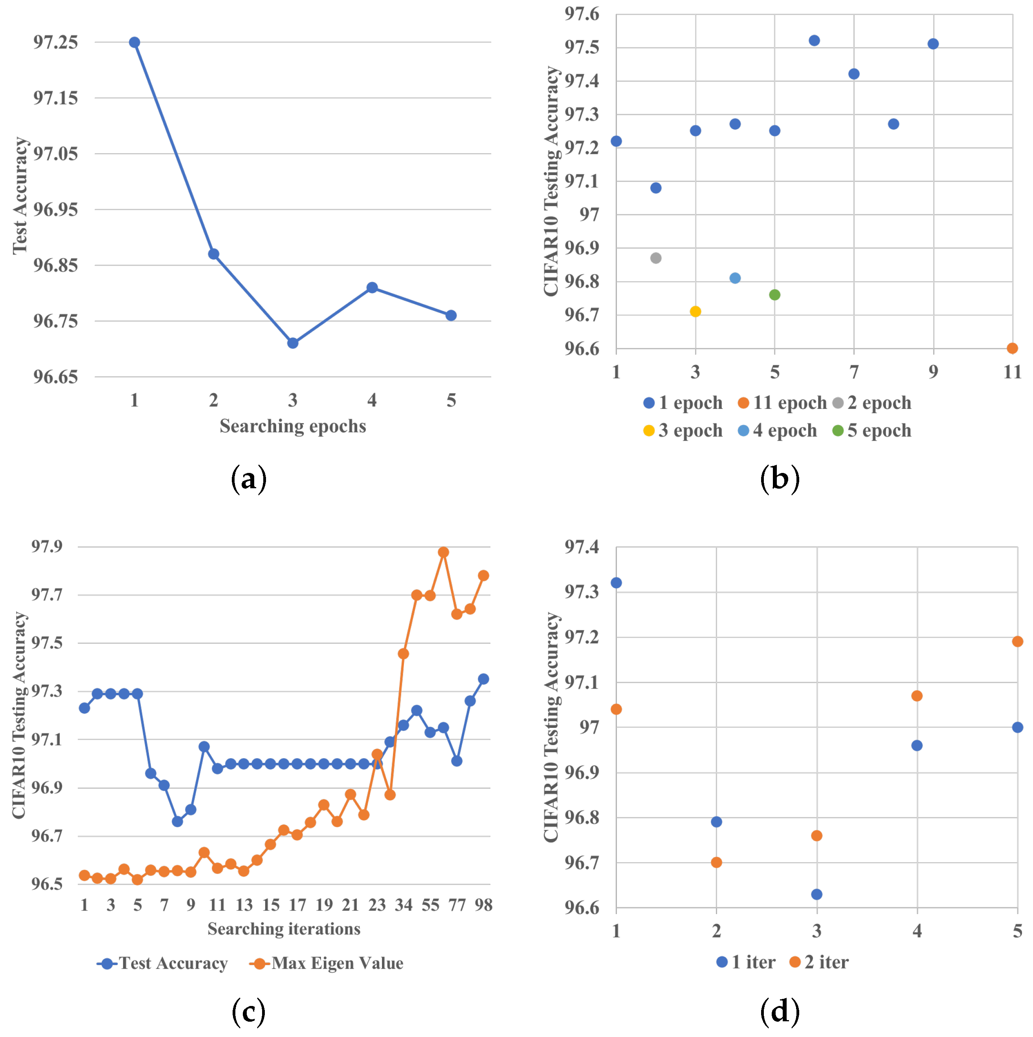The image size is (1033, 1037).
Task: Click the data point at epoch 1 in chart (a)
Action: tap(135, 42)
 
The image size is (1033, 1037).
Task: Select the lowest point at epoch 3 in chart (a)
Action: tap(293, 343)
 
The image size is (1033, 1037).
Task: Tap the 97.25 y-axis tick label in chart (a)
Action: tap(55, 42)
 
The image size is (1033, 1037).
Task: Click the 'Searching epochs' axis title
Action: tap(293, 426)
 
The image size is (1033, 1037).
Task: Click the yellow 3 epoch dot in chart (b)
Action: tap(695, 311)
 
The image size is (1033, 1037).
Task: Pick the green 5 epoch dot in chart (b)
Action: tap(774, 295)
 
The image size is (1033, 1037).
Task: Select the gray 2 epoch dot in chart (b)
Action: tap(655, 258)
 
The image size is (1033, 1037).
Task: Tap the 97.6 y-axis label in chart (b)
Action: tap(582, 14)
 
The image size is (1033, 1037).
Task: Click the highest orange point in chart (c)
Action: tap(444, 552)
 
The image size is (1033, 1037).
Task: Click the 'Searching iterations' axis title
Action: tap(284, 928)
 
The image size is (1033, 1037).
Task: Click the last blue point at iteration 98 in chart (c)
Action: tap(483, 679)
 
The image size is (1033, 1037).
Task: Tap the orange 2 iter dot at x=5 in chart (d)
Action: tap(1017, 641)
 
